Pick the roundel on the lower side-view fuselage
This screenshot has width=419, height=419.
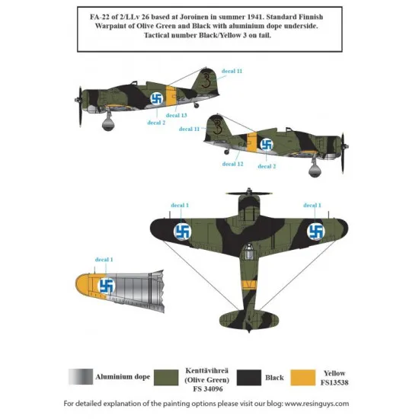[x=267, y=142]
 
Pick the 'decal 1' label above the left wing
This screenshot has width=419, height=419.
[x=178, y=205]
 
